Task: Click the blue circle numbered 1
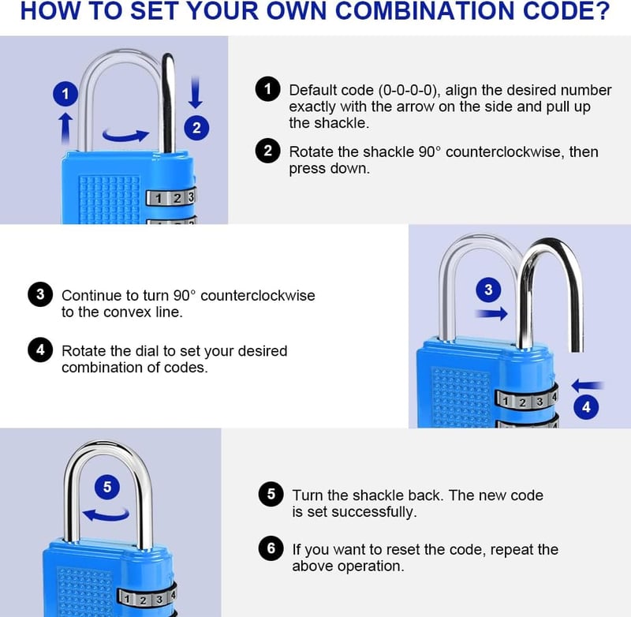(65, 94)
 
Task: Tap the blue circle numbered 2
(196, 128)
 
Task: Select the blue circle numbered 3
(488, 290)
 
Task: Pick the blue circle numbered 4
(586, 407)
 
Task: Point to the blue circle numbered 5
(107, 487)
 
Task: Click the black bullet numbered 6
(271, 548)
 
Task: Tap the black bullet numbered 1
(267, 89)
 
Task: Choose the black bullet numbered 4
(40, 350)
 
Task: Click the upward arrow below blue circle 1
(66, 128)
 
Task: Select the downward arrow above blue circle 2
(196, 92)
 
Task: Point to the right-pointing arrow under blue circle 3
(491, 313)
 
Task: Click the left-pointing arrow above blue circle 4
(588, 385)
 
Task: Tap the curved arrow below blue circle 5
(106, 514)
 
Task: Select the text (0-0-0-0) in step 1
(407, 90)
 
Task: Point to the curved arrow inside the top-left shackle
(125, 135)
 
